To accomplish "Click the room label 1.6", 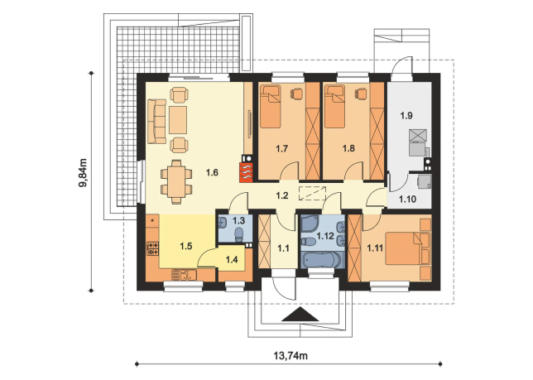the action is (212, 173).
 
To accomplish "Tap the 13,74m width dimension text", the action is (291, 356).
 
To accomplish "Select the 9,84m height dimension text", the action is (84, 173).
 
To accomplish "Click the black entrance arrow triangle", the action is (300, 314).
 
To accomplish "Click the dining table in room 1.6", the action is (176, 182).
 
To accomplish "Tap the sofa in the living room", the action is (156, 122).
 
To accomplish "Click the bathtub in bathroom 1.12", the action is (321, 260).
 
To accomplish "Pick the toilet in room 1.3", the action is (239, 234).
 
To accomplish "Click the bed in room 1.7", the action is (271, 107).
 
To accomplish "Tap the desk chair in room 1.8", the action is (362, 93).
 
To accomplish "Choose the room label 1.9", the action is (406, 116).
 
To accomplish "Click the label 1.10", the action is (407, 199).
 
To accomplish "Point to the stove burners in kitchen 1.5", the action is (152, 248).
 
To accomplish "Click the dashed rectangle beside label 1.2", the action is (312, 194).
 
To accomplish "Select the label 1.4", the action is (232, 260).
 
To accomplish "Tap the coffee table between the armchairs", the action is (178, 120).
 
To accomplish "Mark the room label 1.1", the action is (283, 249).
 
